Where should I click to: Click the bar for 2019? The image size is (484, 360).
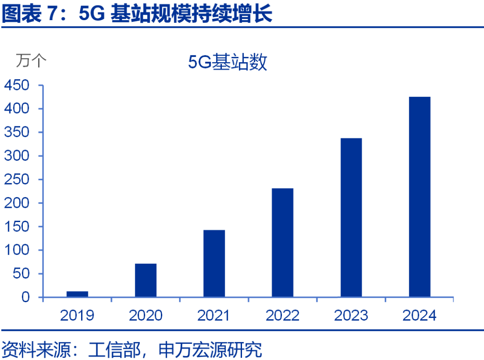point(77,294)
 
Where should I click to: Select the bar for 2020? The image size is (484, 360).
point(146,280)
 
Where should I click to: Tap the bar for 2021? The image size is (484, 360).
point(214,263)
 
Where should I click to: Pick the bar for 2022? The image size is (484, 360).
point(282,243)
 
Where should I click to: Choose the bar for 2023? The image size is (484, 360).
point(351,218)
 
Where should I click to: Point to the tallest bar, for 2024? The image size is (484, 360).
point(419,197)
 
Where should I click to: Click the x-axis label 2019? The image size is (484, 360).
point(77,316)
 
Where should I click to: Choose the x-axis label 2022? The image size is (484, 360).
point(282,316)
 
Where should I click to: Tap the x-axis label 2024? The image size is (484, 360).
point(419,316)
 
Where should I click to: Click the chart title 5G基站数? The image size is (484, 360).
point(228,62)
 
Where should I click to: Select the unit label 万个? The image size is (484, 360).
point(31,60)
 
